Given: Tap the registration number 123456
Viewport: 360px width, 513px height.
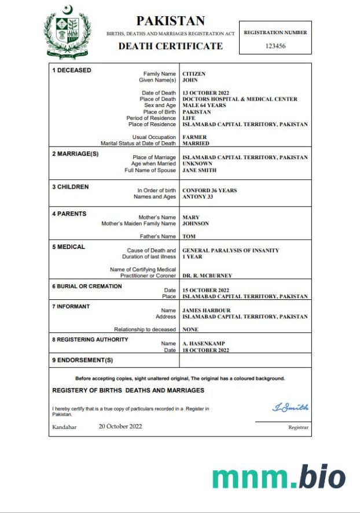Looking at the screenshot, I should click(275, 46).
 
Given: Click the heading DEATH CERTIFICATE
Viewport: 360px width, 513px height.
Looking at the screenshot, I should click(170, 46).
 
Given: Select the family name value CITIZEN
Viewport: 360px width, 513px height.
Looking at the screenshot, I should click(194, 74).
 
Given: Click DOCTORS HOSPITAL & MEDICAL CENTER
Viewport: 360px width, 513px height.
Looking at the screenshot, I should click(240, 99).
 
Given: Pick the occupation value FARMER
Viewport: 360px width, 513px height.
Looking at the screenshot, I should click(195, 137).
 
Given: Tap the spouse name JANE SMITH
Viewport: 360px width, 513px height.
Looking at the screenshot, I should click(200, 170).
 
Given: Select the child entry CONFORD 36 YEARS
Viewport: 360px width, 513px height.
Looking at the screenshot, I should click(210, 190).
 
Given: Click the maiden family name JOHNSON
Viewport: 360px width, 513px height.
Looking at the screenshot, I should click(196, 223).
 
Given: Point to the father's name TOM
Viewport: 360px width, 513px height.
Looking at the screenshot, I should click(189, 236).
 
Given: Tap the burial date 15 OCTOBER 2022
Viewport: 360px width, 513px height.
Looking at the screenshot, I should click(206, 290).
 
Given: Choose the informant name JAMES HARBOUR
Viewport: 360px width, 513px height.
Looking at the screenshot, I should click(207, 310).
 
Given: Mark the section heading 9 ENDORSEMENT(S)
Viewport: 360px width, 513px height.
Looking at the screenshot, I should click(83, 360).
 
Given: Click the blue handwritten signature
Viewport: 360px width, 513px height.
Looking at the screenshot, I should click(290, 408).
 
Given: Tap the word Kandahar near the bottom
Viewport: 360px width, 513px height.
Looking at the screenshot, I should click(64, 427).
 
